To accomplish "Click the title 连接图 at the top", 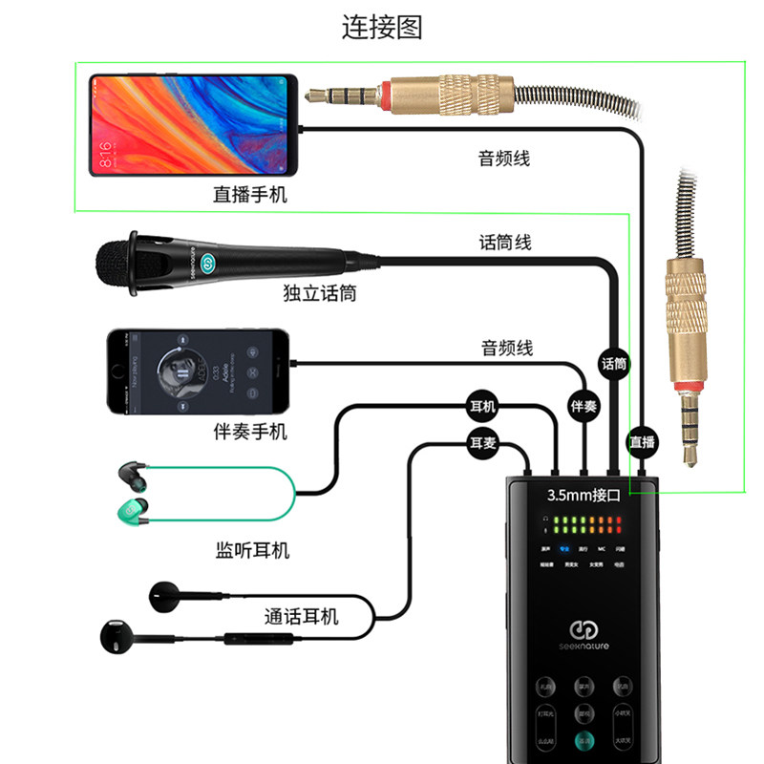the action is tap(382, 28).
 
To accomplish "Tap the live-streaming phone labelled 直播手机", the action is tap(193, 125).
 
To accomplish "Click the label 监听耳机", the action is tap(253, 551).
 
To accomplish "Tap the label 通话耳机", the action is tap(301, 617).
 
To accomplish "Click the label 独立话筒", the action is tap(320, 293).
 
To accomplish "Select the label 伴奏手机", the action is tap(250, 431).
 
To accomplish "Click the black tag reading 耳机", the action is tap(481, 406).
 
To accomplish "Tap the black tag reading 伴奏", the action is tap(584, 406).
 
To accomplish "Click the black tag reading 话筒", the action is tap(614, 363).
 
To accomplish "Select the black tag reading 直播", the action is tap(642, 441).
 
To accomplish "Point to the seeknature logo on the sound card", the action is tap(584, 634).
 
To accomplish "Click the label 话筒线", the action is tap(504, 243).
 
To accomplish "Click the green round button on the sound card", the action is tap(584, 740).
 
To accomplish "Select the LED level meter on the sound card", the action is tap(584, 524).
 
